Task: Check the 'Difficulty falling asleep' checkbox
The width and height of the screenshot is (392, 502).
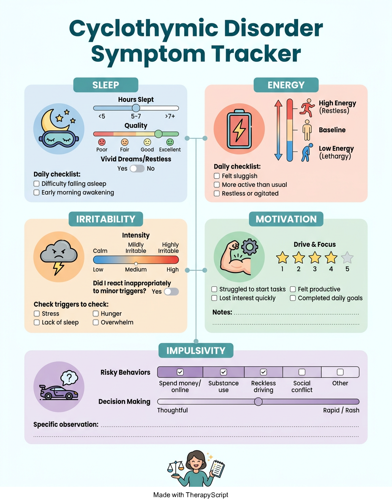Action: (x=36, y=184)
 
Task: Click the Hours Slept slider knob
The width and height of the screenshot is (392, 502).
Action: (x=136, y=108)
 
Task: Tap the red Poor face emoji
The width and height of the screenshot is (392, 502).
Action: (x=102, y=142)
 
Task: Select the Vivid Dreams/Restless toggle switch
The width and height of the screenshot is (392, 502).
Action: (x=137, y=169)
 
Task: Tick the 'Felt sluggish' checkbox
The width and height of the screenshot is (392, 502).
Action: (x=217, y=176)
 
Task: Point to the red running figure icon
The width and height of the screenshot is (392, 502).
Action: (x=308, y=108)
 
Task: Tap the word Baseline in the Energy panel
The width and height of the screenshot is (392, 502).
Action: (x=332, y=130)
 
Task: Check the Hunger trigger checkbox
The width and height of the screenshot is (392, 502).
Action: (x=96, y=314)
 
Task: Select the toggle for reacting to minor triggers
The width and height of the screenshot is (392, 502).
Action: (x=171, y=292)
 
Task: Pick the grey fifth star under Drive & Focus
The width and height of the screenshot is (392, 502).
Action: (x=347, y=257)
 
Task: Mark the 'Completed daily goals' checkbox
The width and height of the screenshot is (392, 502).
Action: (x=293, y=298)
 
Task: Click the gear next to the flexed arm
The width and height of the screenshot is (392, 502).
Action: (x=250, y=247)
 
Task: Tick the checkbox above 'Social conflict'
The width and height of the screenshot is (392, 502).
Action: (x=302, y=372)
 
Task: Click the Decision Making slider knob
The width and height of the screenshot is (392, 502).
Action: (x=258, y=401)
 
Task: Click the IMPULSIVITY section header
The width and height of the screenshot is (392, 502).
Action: (x=196, y=351)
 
